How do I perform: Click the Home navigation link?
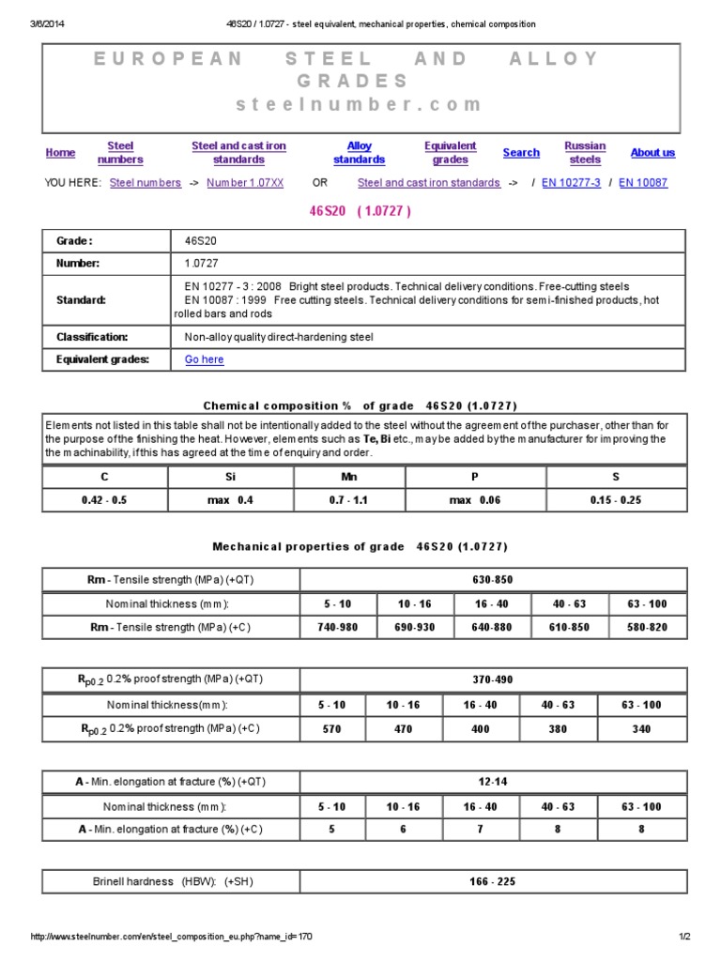[60, 153]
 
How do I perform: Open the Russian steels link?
[585, 153]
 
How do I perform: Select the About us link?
[652, 153]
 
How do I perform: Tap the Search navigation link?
[521, 153]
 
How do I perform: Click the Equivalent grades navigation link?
[451, 153]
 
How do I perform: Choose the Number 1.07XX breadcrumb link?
[245, 183]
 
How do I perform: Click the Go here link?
[205, 359]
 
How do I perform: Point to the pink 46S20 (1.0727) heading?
[360, 211]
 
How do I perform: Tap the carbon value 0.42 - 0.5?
[104, 500]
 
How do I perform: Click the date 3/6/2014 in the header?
[49, 23]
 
